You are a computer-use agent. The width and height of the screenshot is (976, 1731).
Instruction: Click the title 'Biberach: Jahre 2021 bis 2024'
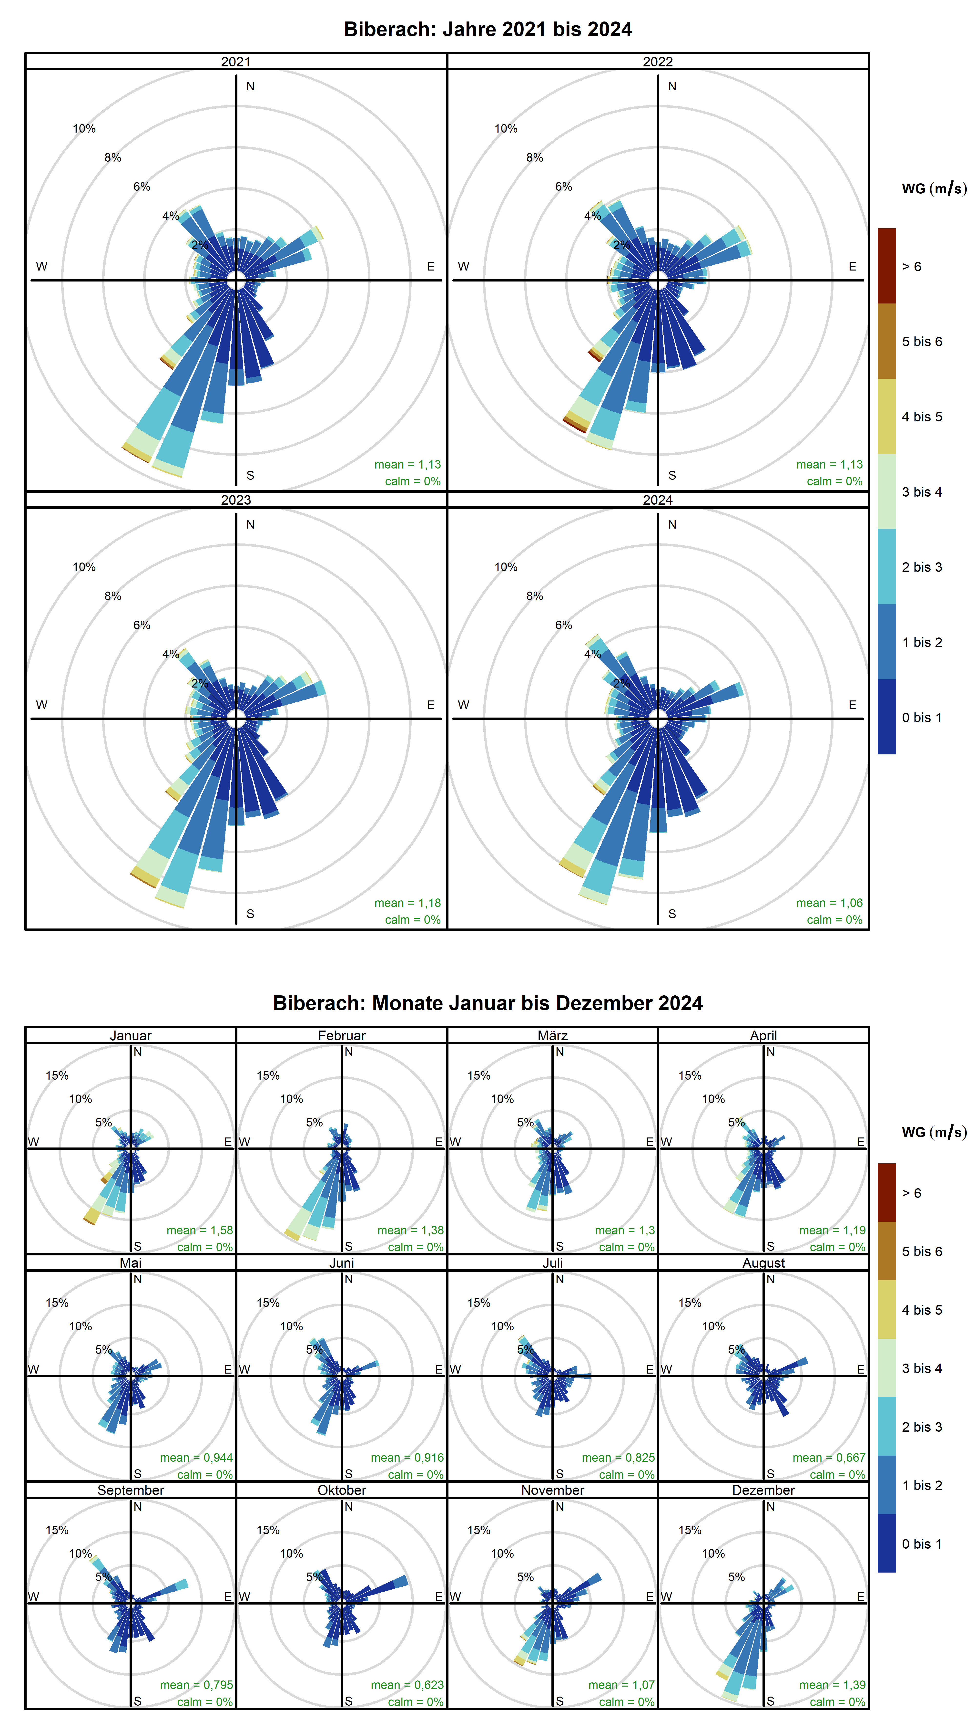pos(488,30)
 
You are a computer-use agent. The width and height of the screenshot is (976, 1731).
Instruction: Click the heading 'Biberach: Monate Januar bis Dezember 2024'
pos(488,1003)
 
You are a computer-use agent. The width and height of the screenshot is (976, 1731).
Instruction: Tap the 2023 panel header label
pos(236,500)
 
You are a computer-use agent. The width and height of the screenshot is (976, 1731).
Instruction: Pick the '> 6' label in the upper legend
pos(912,267)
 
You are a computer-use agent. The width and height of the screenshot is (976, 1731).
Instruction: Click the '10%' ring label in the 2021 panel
pos(84,128)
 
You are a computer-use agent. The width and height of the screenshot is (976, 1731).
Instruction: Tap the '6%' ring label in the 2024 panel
pos(564,625)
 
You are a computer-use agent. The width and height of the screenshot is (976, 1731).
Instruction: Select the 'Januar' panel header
pos(130,1035)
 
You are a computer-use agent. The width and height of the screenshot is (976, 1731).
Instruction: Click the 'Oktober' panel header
pos(341,1491)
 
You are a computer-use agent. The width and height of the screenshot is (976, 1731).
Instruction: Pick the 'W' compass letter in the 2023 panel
pos(42,705)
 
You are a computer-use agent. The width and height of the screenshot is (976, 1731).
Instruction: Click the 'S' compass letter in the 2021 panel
pos(250,475)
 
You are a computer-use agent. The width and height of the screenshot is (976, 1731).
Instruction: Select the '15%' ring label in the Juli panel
pos(479,1303)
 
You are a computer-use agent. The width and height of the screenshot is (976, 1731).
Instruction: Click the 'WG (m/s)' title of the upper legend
pos(934,189)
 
